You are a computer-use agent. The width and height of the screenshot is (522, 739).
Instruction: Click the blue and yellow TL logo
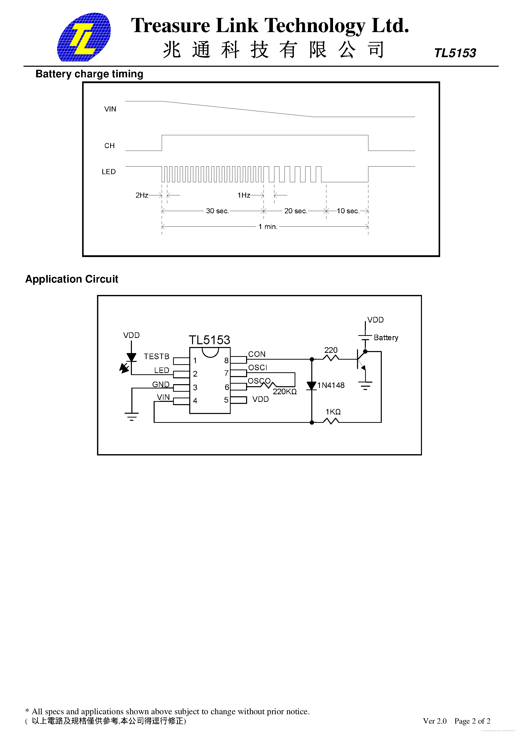84,37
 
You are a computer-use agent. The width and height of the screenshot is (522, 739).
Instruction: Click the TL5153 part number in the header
455,53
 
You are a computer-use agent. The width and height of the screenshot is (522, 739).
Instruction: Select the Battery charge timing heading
89,74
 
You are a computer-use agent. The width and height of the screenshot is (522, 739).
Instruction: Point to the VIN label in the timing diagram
110,109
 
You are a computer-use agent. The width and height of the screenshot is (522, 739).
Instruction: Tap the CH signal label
109,146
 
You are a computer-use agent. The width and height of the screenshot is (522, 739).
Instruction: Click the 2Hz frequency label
141,195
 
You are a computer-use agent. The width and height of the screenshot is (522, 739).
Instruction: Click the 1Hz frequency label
244,195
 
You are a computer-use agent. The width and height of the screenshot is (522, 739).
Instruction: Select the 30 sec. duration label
217,211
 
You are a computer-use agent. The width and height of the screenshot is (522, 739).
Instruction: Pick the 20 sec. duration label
295,211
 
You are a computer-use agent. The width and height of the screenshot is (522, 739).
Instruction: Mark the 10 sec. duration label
348,211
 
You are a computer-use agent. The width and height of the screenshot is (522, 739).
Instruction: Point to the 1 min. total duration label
268,227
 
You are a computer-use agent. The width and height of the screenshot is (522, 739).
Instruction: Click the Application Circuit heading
72,279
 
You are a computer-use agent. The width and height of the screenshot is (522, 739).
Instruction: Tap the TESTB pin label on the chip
156,357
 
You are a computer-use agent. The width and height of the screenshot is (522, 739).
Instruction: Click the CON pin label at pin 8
257,354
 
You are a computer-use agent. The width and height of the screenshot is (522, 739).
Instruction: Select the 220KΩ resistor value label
284,392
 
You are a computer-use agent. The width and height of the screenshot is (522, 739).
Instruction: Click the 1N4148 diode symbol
312,386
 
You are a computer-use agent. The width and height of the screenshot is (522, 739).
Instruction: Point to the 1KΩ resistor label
333,412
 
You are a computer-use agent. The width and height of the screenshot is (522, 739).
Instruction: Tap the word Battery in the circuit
386,338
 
